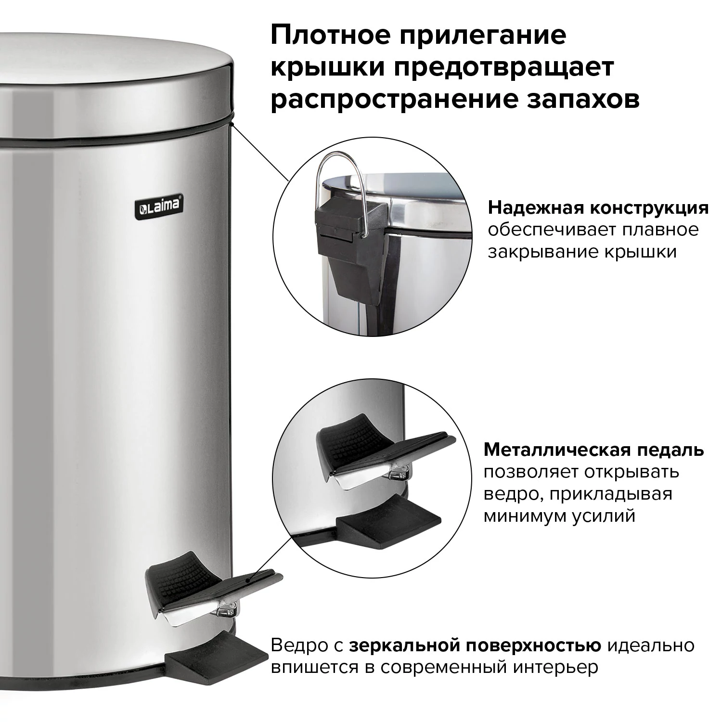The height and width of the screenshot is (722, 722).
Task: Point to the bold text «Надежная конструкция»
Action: coord(598,208)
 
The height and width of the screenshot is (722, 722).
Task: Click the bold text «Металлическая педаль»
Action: coord(593,450)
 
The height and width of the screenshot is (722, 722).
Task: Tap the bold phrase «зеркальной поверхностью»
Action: coord(475,645)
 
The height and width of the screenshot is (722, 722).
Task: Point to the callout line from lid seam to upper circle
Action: coord(260,152)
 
